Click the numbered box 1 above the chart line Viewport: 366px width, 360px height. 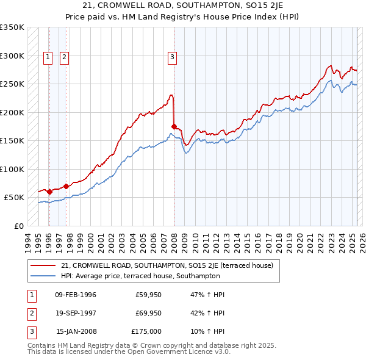pyautogui.click(x=48, y=58)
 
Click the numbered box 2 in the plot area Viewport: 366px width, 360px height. pyautogui.click(x=64, y=58)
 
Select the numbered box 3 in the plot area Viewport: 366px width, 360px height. pyautogui.click(x=173, y=58)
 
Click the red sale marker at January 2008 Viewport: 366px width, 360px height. pyautogui.click(x=174, y=126)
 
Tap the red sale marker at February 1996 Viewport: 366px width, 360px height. pyautogui.click(x=49, y=192)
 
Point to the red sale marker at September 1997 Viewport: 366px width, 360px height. pyautogui.click(x=66, y=186)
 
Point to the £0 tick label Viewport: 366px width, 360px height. pyautogui.click(x=18, y=226)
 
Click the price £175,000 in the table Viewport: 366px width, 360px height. pyautogui.click(x=146, y=331)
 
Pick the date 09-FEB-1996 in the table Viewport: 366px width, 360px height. pyautogui.click(x=76, y=295)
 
